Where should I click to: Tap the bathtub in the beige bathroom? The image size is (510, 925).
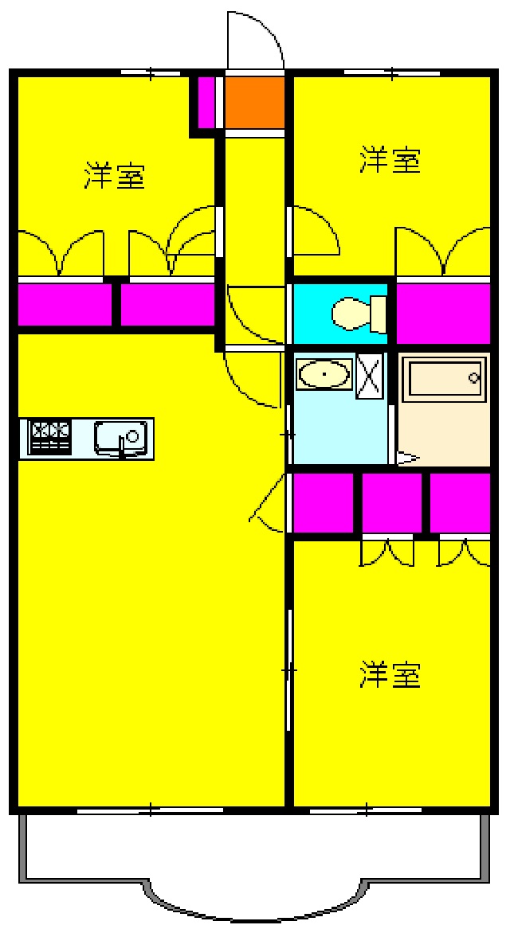pos(444,380)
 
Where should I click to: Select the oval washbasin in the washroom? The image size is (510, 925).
pos(324,373)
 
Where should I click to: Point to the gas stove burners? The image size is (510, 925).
pos(49,436)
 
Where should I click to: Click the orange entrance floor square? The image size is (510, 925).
pos(254,102)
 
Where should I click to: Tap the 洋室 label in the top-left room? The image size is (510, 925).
pos(115,175)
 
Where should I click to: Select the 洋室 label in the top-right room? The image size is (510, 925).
pos(390,159)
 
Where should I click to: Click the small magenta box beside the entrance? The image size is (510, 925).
pos(206,102)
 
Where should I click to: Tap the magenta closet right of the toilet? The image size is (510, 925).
pos(443,312)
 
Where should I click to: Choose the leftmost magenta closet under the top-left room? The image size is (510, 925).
pos(64,304)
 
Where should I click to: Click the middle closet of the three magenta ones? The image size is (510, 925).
pos(392,502)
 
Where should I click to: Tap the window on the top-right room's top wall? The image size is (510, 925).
pos(391,73)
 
